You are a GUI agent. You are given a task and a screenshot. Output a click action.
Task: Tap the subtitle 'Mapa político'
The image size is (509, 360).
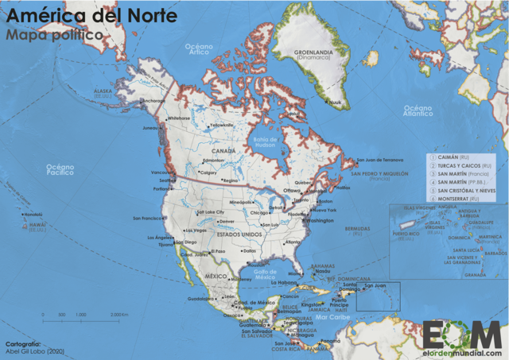pos(53,35)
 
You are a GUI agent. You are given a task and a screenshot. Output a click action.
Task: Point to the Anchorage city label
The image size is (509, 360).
pos(153,102)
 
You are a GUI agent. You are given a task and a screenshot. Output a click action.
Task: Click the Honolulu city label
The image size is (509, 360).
pos(33,215)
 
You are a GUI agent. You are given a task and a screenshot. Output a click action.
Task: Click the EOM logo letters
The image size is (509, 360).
pos(462,333)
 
